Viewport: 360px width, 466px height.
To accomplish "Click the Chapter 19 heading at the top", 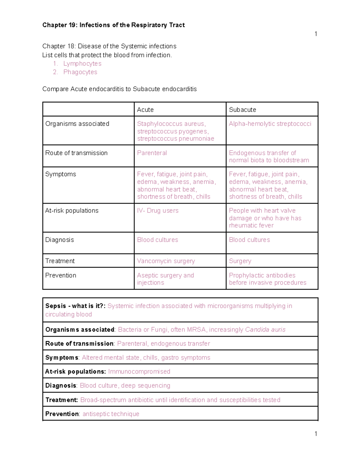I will click(x=113, y=25).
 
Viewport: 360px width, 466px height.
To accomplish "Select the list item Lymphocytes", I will click(x=82, y=64).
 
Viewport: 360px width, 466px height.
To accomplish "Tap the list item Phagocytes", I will click(x=80, y=72).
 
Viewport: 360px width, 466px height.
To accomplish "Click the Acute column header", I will click(x=145, y=110).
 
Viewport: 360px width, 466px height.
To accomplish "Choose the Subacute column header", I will click(x=242, y=110).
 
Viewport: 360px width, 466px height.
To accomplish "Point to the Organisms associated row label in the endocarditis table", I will click(x=77, y=124).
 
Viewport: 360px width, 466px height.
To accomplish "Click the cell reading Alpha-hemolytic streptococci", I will click(x=270, y=124).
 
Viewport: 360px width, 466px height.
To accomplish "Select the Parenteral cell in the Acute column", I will click(x=152, y=153).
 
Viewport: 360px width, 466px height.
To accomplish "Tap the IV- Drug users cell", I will click(x=158, y=211).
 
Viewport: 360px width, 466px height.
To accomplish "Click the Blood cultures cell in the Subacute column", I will click(x=249, y=240).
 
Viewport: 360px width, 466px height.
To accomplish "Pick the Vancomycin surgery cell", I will click(x=166, y=261).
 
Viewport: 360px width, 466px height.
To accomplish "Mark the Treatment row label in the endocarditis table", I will click(x=60, y=261).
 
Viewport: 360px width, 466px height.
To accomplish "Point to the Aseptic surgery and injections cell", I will click(x=165, y=279).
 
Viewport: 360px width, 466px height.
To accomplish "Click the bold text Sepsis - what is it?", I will click(x=75, y=306).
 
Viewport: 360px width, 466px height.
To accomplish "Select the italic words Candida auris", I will click(x=265, y=329).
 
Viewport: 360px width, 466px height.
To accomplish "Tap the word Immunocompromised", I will click(x=139, y=371).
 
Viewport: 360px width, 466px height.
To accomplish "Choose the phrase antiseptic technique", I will click(x=111, y=414).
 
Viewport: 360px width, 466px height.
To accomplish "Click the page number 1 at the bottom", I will click(x=316, y=434).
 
